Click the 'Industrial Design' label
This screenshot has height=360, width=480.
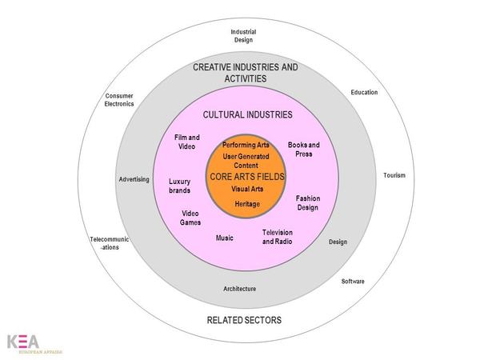point(244,35)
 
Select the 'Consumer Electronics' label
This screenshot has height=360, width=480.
point(119,100)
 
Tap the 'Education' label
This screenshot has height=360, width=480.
point(364,93)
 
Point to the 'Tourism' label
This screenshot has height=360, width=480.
point(394,175)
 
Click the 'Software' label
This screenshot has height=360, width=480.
point(353,281)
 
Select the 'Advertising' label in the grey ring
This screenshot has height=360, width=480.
point(134,179)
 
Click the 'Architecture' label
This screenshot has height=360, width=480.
point(240,288)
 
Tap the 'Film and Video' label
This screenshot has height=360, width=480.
point(186,142)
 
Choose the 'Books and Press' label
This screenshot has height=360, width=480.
point(303,149)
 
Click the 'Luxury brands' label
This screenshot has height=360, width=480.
point(179,186)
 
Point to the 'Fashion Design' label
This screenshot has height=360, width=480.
point(307,202)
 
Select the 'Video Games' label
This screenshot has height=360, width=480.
point(190,218)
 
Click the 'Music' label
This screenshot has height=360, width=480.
point(225,238)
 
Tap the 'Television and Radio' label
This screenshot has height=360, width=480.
point(279,237)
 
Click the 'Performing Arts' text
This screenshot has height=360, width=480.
point(246,145)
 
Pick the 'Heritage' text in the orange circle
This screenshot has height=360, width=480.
point(247,204)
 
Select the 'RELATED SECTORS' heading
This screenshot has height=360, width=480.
point(244,320)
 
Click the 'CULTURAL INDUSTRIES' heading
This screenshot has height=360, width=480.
point(247,114)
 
